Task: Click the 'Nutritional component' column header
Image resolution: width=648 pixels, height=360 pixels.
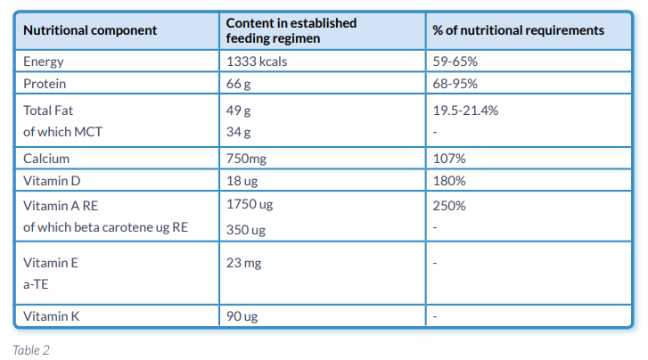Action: point(90,30)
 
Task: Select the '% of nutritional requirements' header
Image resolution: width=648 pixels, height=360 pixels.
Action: point(518,30)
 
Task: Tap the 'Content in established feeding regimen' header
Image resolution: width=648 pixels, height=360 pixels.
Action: point(291,30)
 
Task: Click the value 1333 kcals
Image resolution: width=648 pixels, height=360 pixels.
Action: point(257,62)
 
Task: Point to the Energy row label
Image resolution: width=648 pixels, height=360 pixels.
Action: point(44,62)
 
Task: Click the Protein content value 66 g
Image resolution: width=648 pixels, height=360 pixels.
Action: point(240,84)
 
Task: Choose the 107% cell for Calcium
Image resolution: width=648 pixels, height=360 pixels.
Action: point(448,159)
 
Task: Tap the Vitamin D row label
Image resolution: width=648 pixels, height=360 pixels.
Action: point(52,181)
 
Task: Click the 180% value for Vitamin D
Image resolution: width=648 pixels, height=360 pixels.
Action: point(448,181)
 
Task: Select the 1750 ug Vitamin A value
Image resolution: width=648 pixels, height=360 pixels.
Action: point(250,206)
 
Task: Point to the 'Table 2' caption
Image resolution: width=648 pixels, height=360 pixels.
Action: point(31,349)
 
